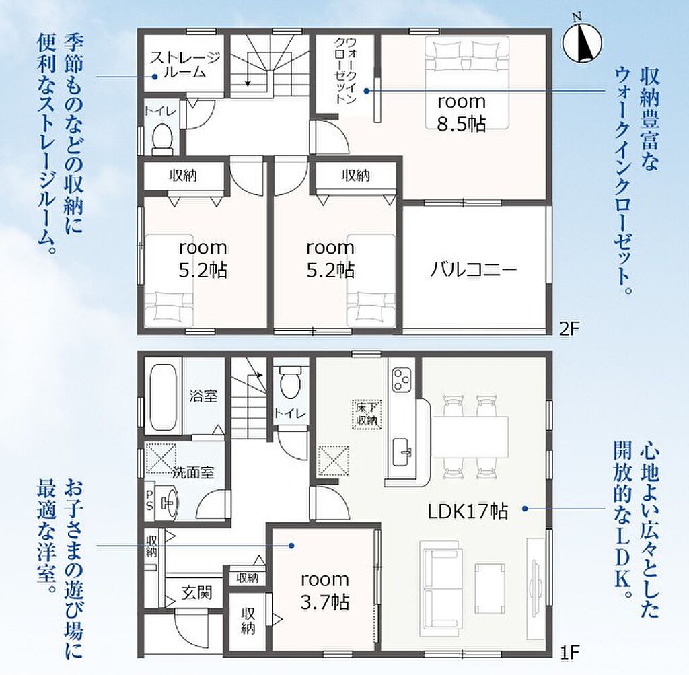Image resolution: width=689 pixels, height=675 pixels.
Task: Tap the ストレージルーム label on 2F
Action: tap(184, 65)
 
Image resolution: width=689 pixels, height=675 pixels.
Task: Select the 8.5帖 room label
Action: tap(462, 113)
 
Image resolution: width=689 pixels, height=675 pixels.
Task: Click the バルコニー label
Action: tap(473, 269)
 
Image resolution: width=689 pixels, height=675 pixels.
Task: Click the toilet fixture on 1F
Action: tap(289, 382)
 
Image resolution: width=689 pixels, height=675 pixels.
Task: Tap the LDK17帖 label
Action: tap(468, 511)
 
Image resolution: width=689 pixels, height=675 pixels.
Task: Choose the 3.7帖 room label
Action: tap(325, 591)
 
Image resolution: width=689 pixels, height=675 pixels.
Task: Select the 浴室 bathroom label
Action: tap(203, 396)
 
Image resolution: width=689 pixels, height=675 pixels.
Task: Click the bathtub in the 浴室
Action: tap(164, 397)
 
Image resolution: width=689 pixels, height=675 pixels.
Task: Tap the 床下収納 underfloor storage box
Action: tap(367, 414)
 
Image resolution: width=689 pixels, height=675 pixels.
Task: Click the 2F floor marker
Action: tap(570, 328)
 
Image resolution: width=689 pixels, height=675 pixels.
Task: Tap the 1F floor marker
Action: tap(569, 652)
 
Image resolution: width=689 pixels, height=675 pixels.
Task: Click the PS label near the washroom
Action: tap(149, 500)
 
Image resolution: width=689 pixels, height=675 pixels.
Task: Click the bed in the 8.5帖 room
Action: tap(467, 82)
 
